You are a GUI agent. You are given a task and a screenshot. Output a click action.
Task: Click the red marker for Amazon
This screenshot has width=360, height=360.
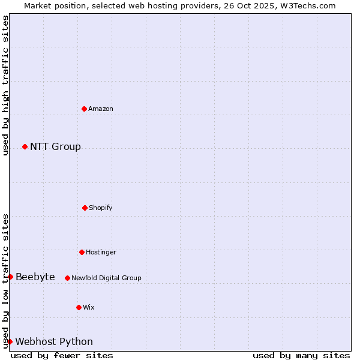point(84,109)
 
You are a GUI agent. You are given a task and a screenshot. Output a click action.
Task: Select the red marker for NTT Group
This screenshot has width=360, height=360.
point(25,146)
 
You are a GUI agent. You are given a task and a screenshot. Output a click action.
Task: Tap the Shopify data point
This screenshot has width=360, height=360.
point(85,208)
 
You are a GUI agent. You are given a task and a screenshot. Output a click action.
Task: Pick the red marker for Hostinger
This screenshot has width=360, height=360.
point(82,252)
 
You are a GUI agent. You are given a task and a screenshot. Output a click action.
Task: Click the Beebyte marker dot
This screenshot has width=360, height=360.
point(10,277)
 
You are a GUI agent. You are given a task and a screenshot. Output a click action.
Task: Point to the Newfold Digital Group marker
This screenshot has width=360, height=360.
point(67,278)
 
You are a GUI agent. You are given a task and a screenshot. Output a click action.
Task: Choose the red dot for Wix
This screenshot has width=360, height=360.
point(79,307)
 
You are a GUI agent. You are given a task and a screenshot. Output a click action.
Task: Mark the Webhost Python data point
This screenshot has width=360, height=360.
point(10,341)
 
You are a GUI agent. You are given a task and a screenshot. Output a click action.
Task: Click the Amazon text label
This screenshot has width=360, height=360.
point(101,109)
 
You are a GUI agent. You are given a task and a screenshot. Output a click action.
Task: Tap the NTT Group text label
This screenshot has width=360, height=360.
point(55,146)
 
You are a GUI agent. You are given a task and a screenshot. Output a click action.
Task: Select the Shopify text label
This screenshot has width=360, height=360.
point(101,208)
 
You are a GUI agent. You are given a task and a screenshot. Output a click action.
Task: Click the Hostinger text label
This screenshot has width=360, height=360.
point(101,252)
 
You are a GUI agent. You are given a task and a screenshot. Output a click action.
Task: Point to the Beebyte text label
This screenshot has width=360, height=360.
point(35,277)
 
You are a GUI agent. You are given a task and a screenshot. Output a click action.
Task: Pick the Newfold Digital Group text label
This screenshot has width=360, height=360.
point(106,278)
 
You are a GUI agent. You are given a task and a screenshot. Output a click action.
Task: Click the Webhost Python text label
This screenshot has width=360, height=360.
point(54,341)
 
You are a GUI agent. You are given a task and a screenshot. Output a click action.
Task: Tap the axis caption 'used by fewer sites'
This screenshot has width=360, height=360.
point(62,355)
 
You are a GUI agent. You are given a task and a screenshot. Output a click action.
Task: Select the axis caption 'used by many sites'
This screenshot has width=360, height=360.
point(301,355)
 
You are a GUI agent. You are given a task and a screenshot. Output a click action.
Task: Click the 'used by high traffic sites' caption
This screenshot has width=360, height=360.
point(5,86)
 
